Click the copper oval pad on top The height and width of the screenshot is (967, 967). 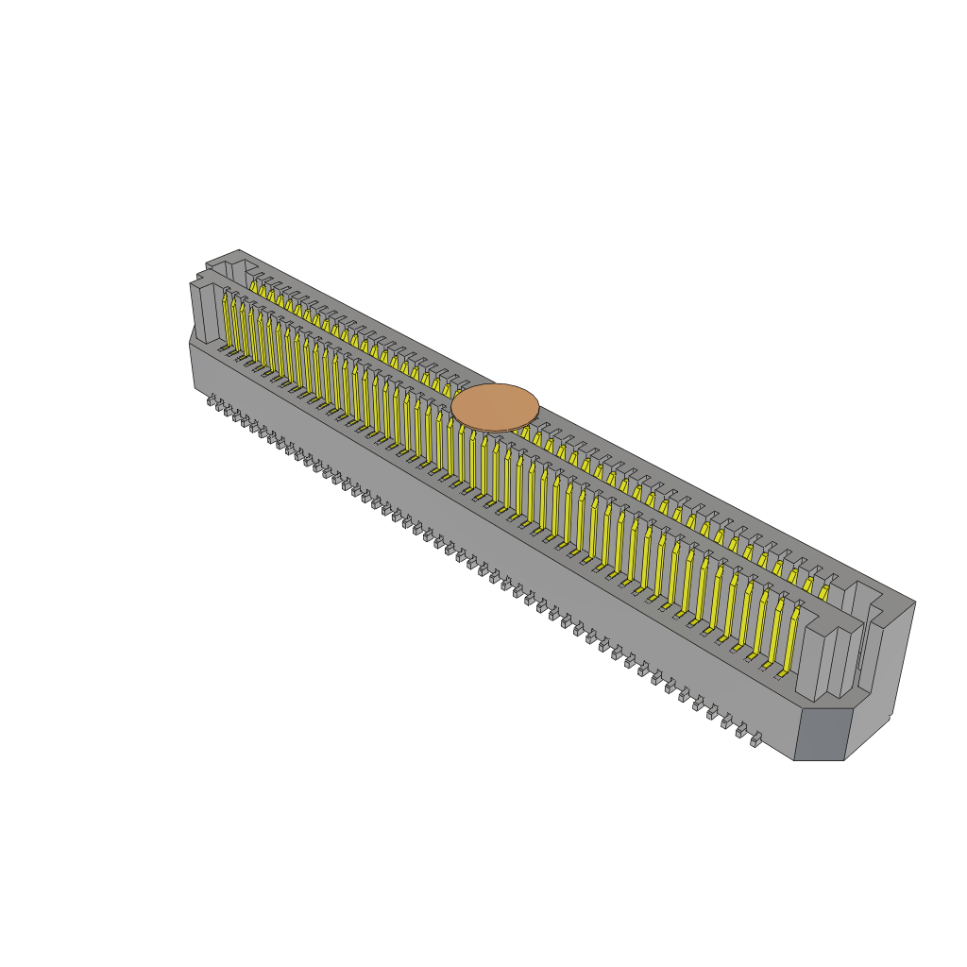coord(495,407)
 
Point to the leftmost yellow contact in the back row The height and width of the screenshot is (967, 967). coord(253,286)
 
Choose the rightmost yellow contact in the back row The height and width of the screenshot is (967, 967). coord(823,592)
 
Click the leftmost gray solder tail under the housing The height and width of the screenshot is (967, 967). coord(212,400)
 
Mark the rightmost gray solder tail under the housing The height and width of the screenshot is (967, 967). coord(755,740)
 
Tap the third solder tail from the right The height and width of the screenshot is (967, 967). coord(727,722)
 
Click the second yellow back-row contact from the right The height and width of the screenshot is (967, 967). coord(808,585)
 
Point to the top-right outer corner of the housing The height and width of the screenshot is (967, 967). coord(914,602)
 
